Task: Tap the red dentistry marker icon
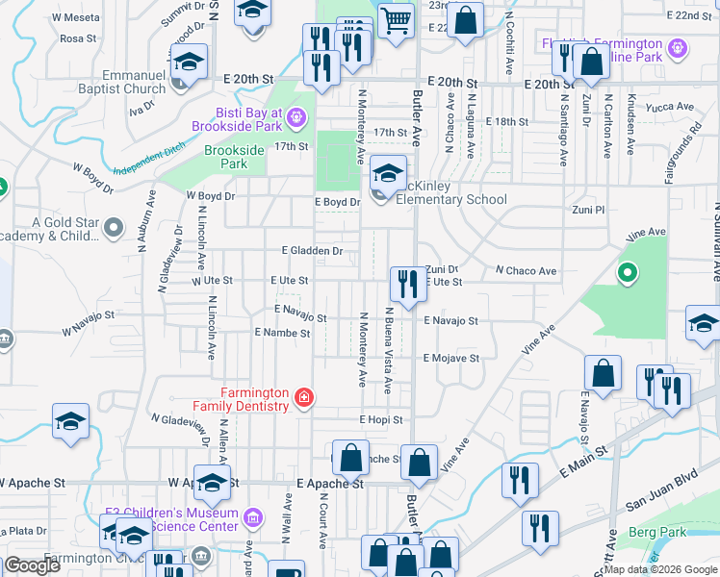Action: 304,396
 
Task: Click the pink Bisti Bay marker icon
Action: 296,118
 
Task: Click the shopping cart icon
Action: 395,19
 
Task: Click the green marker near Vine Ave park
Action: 628,274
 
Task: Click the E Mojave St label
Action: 451,359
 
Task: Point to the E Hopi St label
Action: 380,420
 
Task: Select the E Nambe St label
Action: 281,333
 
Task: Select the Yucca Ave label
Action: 672,107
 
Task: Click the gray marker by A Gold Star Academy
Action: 114,228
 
